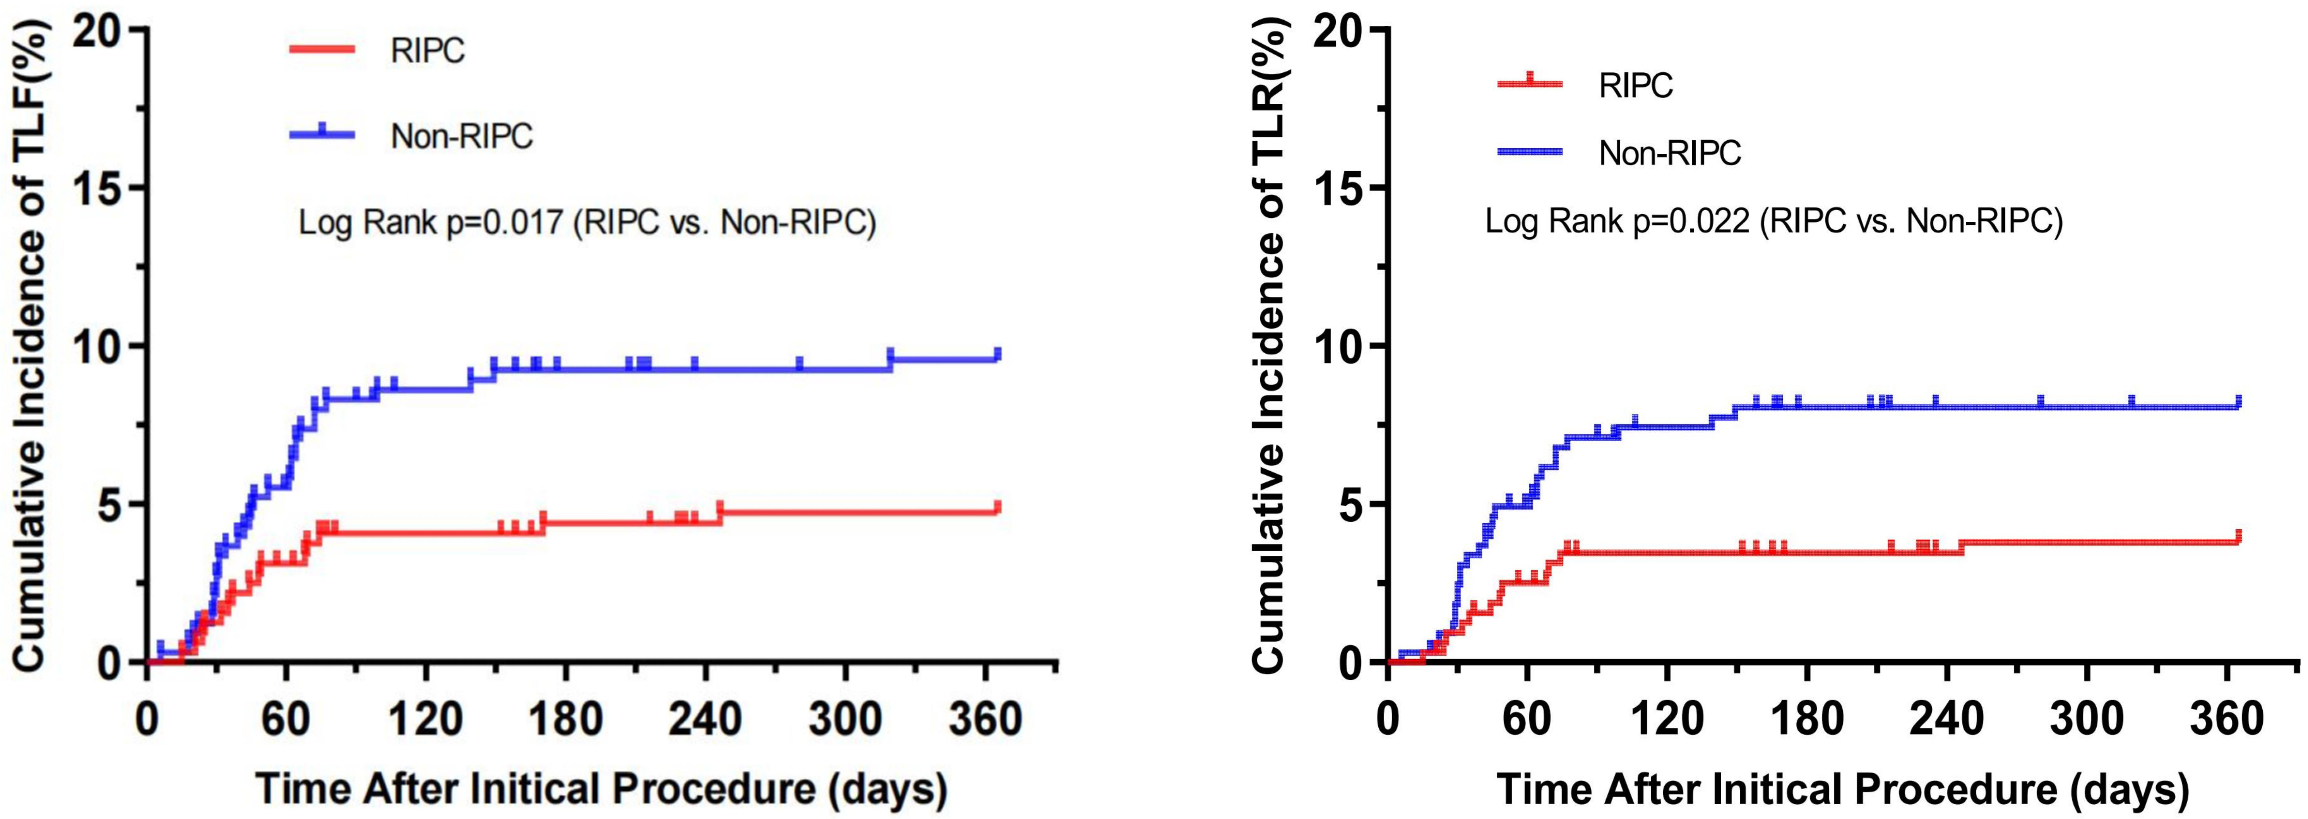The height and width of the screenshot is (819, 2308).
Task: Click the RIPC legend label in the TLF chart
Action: pos(428,51)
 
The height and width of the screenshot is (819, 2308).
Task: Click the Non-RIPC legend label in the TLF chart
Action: pos(461,136)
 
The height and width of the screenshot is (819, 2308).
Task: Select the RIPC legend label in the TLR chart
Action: pos(1636,85)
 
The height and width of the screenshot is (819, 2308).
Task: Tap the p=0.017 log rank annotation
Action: pos(587,221)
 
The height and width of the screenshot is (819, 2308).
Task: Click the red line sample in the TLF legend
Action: pos(323,49)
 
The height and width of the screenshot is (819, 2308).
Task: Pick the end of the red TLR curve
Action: pos(2238,538)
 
